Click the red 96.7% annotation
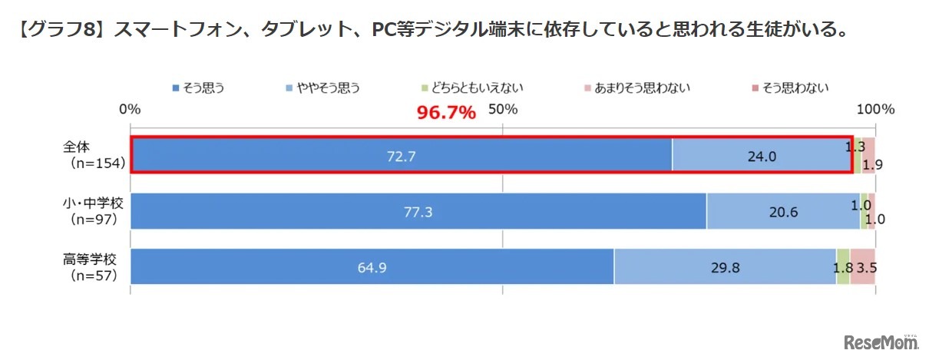tap(446, 113)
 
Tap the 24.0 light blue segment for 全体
tap(761, 156)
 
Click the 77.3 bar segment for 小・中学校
tap(418, 212)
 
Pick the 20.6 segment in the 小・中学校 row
tap(783, 212)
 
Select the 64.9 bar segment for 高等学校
tap(372, 267)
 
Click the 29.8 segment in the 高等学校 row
tap(725, 267)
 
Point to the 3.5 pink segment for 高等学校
tap(863, 267)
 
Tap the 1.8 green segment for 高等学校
tap(843, 267)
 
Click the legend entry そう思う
tap(199, 88)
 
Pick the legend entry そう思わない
tap(786, 88)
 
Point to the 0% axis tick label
tap(131, 110)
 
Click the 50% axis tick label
tap(503, 110)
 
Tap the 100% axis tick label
tap(876, 110)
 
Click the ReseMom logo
tap(882, 342)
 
